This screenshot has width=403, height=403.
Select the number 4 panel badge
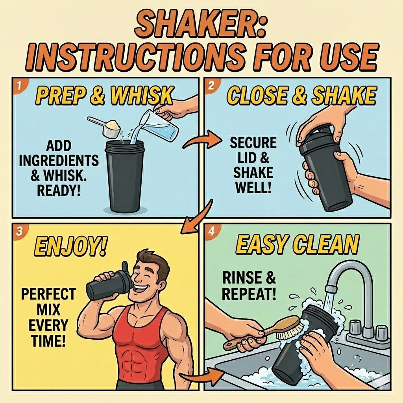[211, 231]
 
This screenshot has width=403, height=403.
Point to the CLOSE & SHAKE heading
[301, 95]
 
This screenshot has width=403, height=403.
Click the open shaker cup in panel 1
[124, 176]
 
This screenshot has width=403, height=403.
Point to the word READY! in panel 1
[58, 190]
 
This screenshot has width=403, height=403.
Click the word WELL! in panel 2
[253, 188]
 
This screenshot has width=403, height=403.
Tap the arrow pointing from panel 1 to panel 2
[203, 140]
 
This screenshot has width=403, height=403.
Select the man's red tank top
[140, 349]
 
